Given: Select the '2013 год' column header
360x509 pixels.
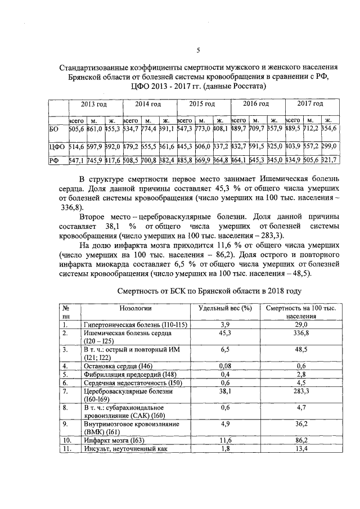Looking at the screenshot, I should (94, 105).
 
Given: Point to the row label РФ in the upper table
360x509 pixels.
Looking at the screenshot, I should (54, 160).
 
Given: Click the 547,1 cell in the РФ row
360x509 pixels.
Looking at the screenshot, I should (76, 160).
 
